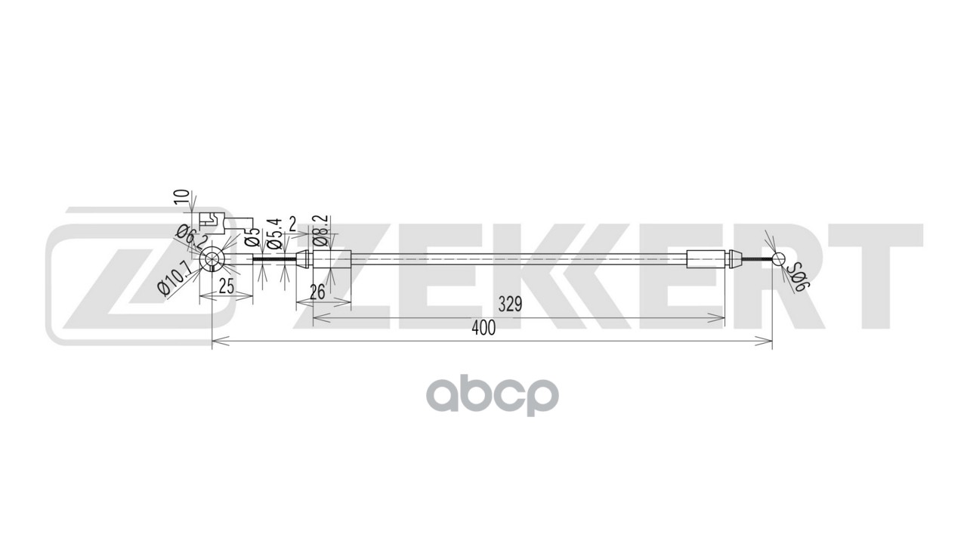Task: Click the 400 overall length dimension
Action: coord(483,329)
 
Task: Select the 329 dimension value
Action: coord(510,305)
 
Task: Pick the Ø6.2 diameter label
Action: coord(190,240)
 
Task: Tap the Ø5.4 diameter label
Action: coord(275,234)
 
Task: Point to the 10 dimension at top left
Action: coord(181,198)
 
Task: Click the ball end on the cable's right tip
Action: coord(779,260)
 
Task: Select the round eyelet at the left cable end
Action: coord(212,259)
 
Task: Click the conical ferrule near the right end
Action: coord(735,260)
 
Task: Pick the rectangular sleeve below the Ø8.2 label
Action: coord(332,259)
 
